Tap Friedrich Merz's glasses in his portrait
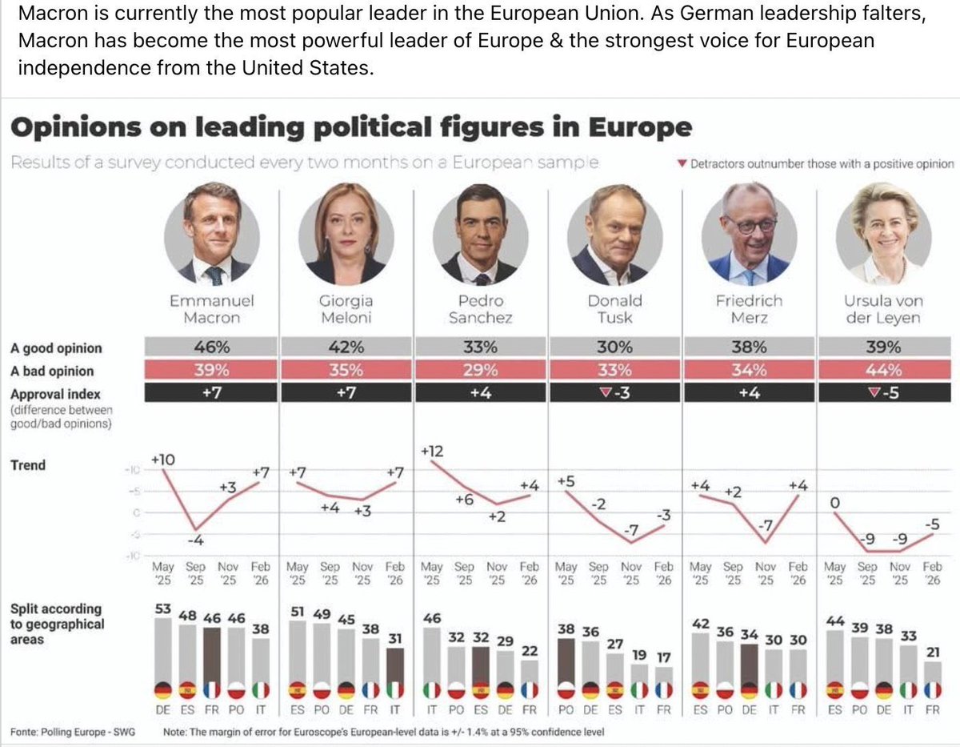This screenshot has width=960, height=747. [750, 224]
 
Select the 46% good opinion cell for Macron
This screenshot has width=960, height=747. [212, 347]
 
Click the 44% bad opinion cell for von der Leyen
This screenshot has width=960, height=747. [884, 371]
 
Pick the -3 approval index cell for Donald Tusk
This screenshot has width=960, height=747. [614, 394]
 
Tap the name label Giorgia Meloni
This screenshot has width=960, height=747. [346, 309]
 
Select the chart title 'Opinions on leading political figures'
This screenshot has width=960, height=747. [350, 128]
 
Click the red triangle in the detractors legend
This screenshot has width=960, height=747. [681, 164]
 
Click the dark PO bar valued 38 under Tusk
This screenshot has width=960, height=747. [566, 661]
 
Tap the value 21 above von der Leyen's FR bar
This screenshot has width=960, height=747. [932, 653]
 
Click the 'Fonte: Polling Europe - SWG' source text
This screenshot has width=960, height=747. [78, 731]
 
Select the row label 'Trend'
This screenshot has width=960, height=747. [28, 465]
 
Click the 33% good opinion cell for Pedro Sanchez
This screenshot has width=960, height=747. [481, 347]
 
